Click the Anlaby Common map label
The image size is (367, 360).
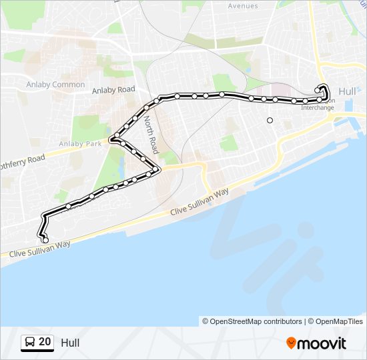coord(55,85)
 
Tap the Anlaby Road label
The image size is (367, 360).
coord(113,89)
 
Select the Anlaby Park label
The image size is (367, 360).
coord(80,143)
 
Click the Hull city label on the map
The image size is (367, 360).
coord(348,91)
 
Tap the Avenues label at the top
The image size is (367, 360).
coord(243,6)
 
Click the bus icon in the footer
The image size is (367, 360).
coord(29,343)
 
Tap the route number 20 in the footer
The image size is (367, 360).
coord(45,342)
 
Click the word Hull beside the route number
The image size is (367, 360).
coord(70,343)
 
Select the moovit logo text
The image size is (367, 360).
coord(322,343)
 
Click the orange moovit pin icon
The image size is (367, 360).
coord(291,343)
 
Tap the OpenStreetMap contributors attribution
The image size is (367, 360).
coord(252,321)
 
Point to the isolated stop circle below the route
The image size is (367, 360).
coord(270,121)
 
